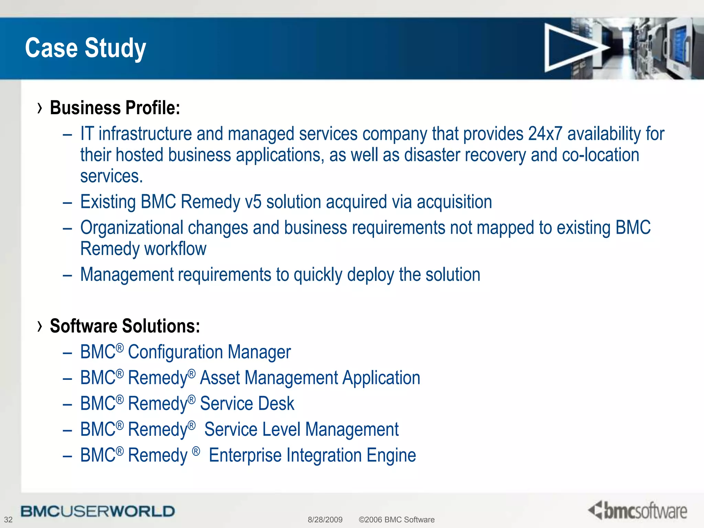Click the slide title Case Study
86,48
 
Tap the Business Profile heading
115,108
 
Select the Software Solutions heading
125,326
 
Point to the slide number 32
8,519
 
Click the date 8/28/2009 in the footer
325,519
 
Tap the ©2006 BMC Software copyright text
396,519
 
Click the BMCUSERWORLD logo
98,511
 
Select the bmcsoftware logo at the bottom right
638,510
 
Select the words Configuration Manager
209,352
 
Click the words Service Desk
247,404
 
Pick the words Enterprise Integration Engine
312,455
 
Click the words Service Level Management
301,429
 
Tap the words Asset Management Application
310,378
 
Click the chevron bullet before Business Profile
40,108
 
